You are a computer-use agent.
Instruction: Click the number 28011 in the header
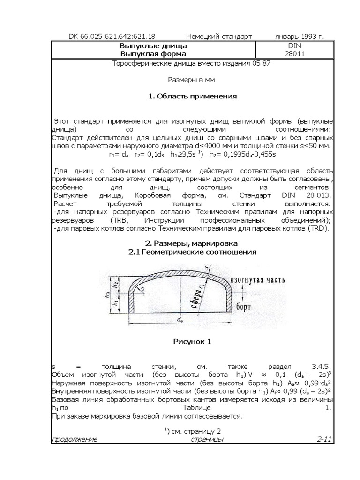(x=294, y=54)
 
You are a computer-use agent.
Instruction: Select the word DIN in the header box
(x=294, y=46)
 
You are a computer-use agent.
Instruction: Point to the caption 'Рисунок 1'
(x=193, y=342)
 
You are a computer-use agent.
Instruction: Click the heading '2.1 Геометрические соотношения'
(x=193, y=252)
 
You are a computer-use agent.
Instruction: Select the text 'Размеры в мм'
(x=193, y=80)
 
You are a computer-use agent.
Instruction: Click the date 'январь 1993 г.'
(x=299, y=37)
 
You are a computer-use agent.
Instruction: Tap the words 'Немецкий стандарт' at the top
(x=219, y=37)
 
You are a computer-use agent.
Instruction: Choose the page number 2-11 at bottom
(x=324, y=439)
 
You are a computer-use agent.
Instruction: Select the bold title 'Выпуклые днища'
(x=154, y=46)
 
